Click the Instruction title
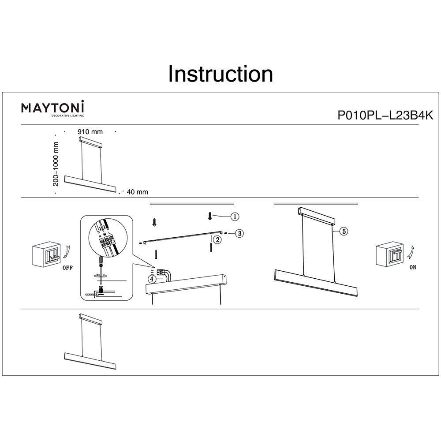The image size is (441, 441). tap(220, 74)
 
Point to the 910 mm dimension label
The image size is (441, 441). tap(90, 131)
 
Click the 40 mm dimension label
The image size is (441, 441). tap(137, 192)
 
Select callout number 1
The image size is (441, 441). tap(235, 216)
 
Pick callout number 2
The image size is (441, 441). tap(217, 239)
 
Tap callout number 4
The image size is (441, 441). tap(151, 279)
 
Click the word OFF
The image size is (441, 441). tap(67, 268)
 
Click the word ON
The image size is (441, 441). tap(412, 268)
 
